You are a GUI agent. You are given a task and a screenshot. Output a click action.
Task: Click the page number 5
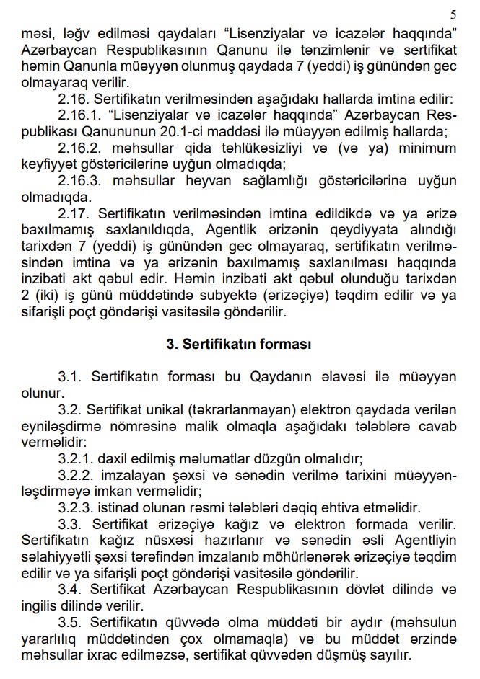click(453, 14)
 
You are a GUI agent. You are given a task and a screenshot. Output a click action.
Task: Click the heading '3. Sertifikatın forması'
click(239, 345)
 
